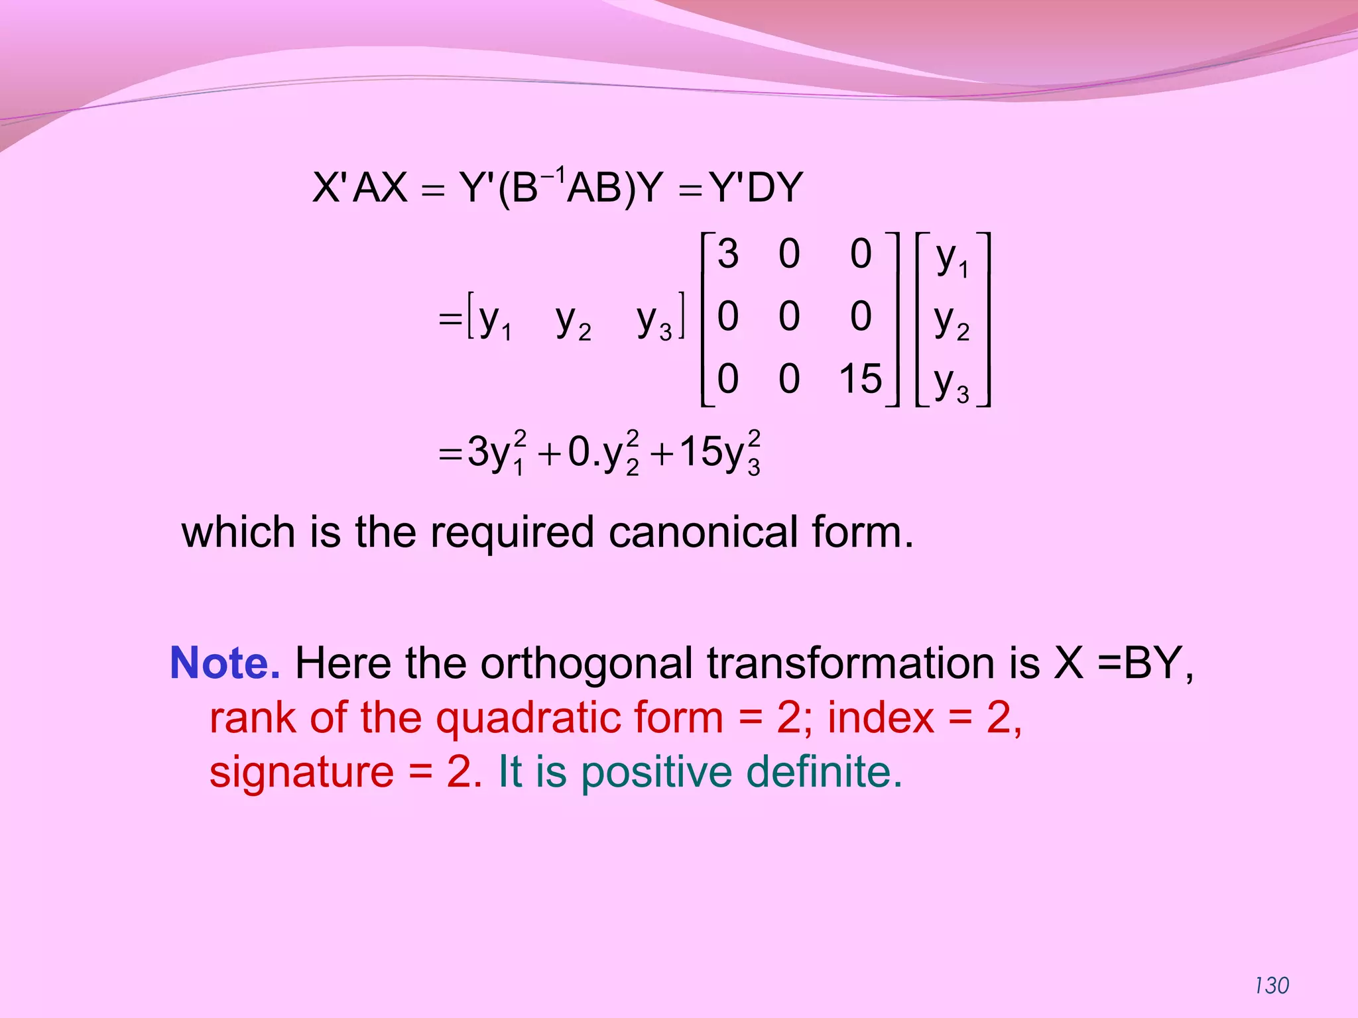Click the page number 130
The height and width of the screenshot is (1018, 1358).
(x=1272, y=986)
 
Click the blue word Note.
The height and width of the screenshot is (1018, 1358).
(x=225, y=663)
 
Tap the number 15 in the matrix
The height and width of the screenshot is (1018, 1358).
(x=860, y=378)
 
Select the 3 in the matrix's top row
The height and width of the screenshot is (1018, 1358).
(x=727, y=254)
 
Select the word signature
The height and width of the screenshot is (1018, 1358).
(x=302, y=773)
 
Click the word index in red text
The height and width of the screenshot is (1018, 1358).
(x=880, y=718)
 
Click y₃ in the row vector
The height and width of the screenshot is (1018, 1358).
(x=654, y=321)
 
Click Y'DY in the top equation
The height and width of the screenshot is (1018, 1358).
(x=756, y=188)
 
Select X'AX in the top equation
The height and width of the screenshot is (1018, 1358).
(x=360, y=188)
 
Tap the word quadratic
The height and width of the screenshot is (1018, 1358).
(x=579, y=718)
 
